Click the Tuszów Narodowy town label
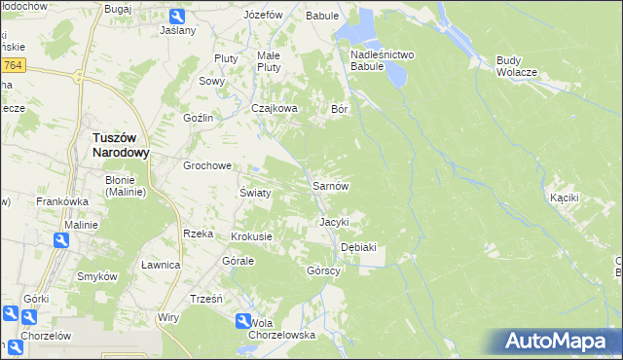pos(120,145)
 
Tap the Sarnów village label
pos(330,185)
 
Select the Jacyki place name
pos(334,222)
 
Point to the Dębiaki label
pos(358,247)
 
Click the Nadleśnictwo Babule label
pos(383,60)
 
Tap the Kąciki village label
pos(564,198)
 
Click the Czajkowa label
pos(274,109)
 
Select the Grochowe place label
pos(207,165)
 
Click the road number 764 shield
pos(12,64)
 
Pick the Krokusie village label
pos(251,236)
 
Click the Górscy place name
pos(322,270)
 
